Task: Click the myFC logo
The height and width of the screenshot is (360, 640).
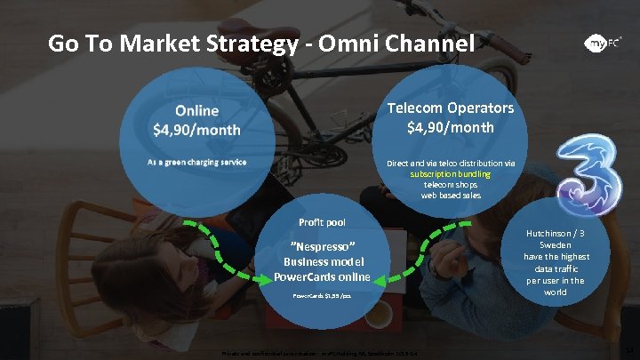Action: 602,43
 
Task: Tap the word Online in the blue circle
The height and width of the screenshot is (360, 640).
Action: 196,111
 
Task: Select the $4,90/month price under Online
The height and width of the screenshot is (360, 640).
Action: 196,130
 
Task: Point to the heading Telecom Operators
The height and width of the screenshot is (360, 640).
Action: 449,108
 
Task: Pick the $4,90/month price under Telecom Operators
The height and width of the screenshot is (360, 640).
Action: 450,127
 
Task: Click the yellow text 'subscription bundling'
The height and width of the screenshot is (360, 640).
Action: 450,174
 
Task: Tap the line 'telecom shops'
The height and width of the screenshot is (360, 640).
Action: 450,185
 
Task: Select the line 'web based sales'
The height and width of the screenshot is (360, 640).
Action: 450,196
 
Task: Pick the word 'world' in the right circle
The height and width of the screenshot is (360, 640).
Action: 556,292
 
